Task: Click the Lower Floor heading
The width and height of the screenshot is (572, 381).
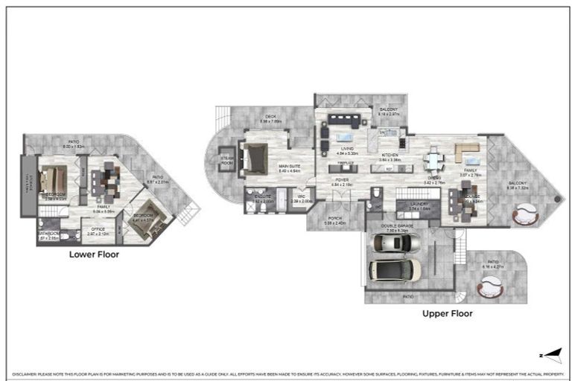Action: pyautogui.click(x=94, y=254)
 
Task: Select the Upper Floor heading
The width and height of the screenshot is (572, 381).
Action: pyautogui.click(x=447, y=313)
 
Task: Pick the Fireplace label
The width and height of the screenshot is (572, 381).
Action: pyautogui.click(x=344, y=162)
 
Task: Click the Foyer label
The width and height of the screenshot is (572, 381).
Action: pyautogui.click(x=343, y=179)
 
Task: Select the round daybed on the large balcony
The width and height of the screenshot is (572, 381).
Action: pyautogui.click(x=527, y=216)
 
